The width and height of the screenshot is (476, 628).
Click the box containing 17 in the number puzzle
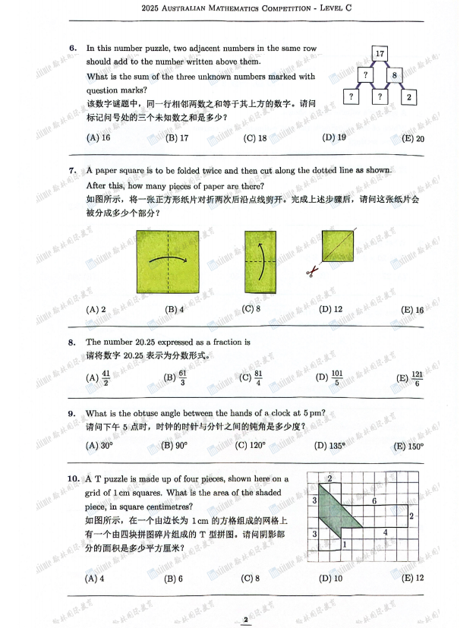click(380, 53)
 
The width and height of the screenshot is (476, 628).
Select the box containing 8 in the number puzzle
click(395, 75)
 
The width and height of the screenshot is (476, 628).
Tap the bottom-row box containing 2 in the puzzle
click(409, 97)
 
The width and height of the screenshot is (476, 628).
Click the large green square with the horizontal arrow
click(167, 261)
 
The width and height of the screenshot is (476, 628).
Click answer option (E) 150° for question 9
click(409, 447)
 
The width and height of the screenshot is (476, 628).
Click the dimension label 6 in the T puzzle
click(374, 501)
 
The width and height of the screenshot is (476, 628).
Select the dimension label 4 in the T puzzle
click(385, 532)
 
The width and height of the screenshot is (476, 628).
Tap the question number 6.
click(73, 49)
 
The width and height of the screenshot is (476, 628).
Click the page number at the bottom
click(245, 620)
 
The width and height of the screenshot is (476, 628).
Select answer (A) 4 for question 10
click(96, 579)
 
